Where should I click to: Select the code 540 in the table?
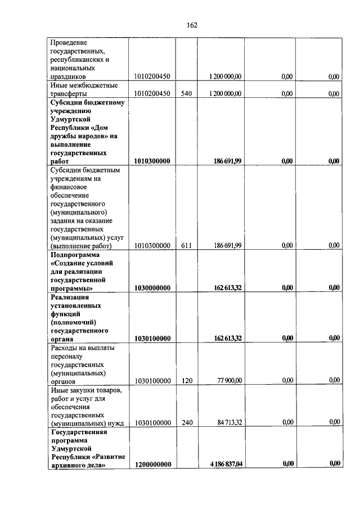coord(187,93)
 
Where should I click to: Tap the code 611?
coord(187,245)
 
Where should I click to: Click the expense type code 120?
coord(187,380)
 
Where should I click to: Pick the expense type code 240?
coord(187,422)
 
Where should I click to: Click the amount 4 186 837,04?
coord(226,464)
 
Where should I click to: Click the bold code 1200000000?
coord(152,464)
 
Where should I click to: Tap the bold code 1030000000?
coord(152,287)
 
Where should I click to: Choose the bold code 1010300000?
coord(152,161)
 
